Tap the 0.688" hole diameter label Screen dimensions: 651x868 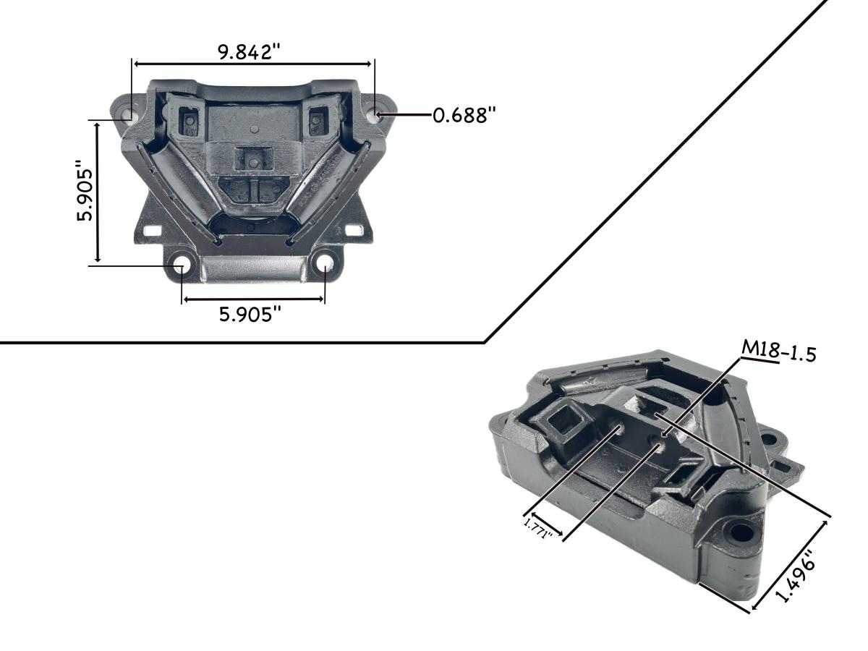point(464,115)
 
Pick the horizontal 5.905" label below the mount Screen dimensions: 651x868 point(250,314)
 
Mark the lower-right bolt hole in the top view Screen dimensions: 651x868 point(325,264)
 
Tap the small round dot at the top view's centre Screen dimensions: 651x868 point(252,130)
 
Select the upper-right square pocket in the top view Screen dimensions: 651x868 point(316,119)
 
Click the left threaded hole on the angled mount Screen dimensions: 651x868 point(619,432)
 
